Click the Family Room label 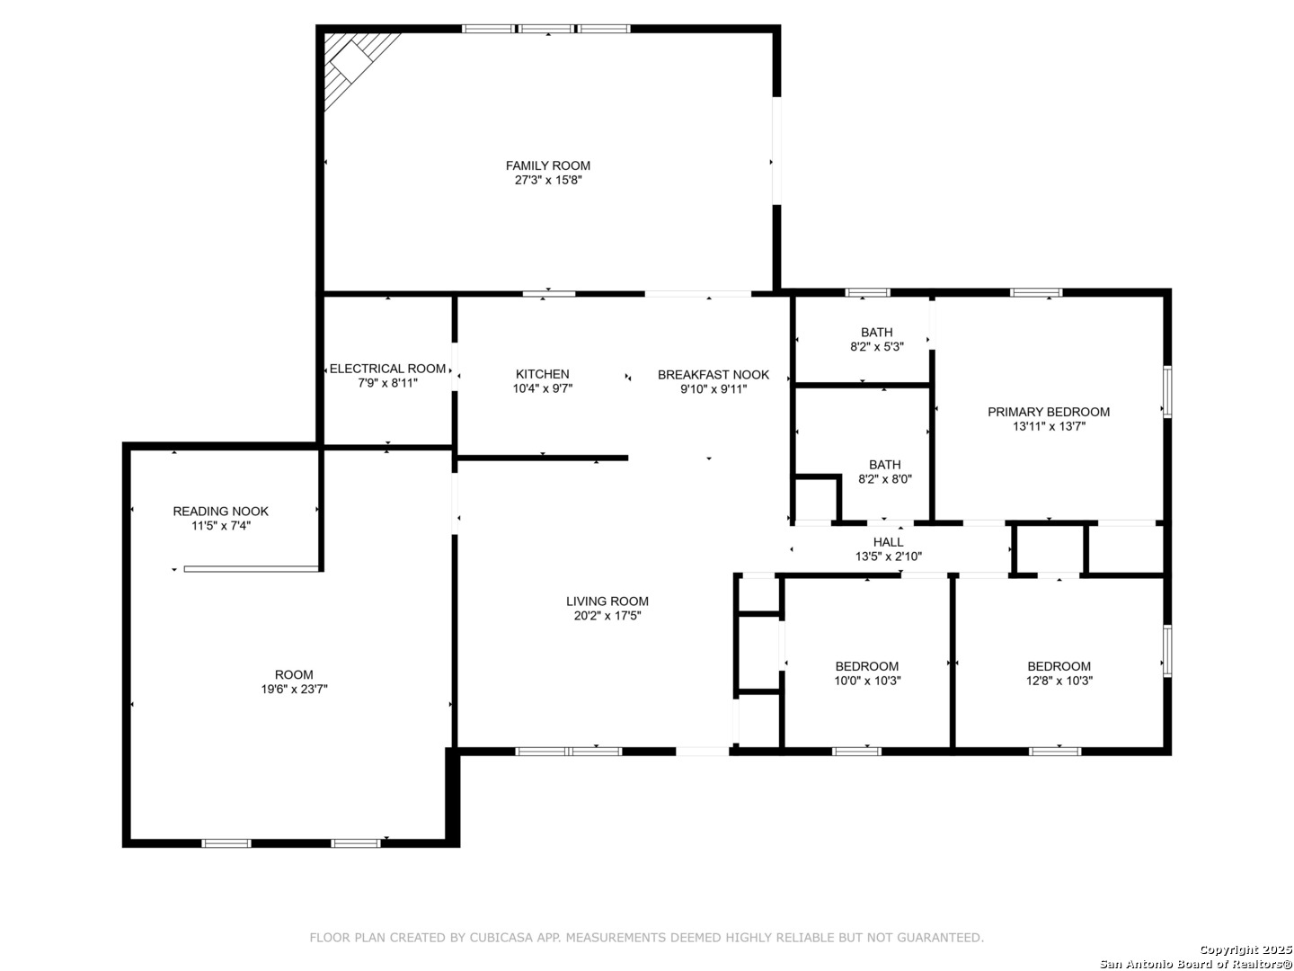(x=547, y=165)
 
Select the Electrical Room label (x=386, y=369)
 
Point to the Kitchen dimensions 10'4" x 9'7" (x=542, y=388)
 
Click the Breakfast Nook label (x=713, y=374)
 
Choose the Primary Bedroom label (x=1048, y=412)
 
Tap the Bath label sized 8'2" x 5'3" (x=876, y=333)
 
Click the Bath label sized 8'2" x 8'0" (x=884, y=465)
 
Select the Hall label (x=887, y=542)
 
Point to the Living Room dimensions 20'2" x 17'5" (x=607, y=616)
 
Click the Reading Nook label (x=220, y=512)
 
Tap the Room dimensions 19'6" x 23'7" (x=294, y=689)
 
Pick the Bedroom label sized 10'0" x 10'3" (x=866, y=666)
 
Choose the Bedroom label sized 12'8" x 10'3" (x=1059, y=666)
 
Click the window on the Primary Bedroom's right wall (x=1166, y=391)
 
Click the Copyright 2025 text (x=1245, y=949)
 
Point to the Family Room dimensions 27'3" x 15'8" (x=547, y=180)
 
